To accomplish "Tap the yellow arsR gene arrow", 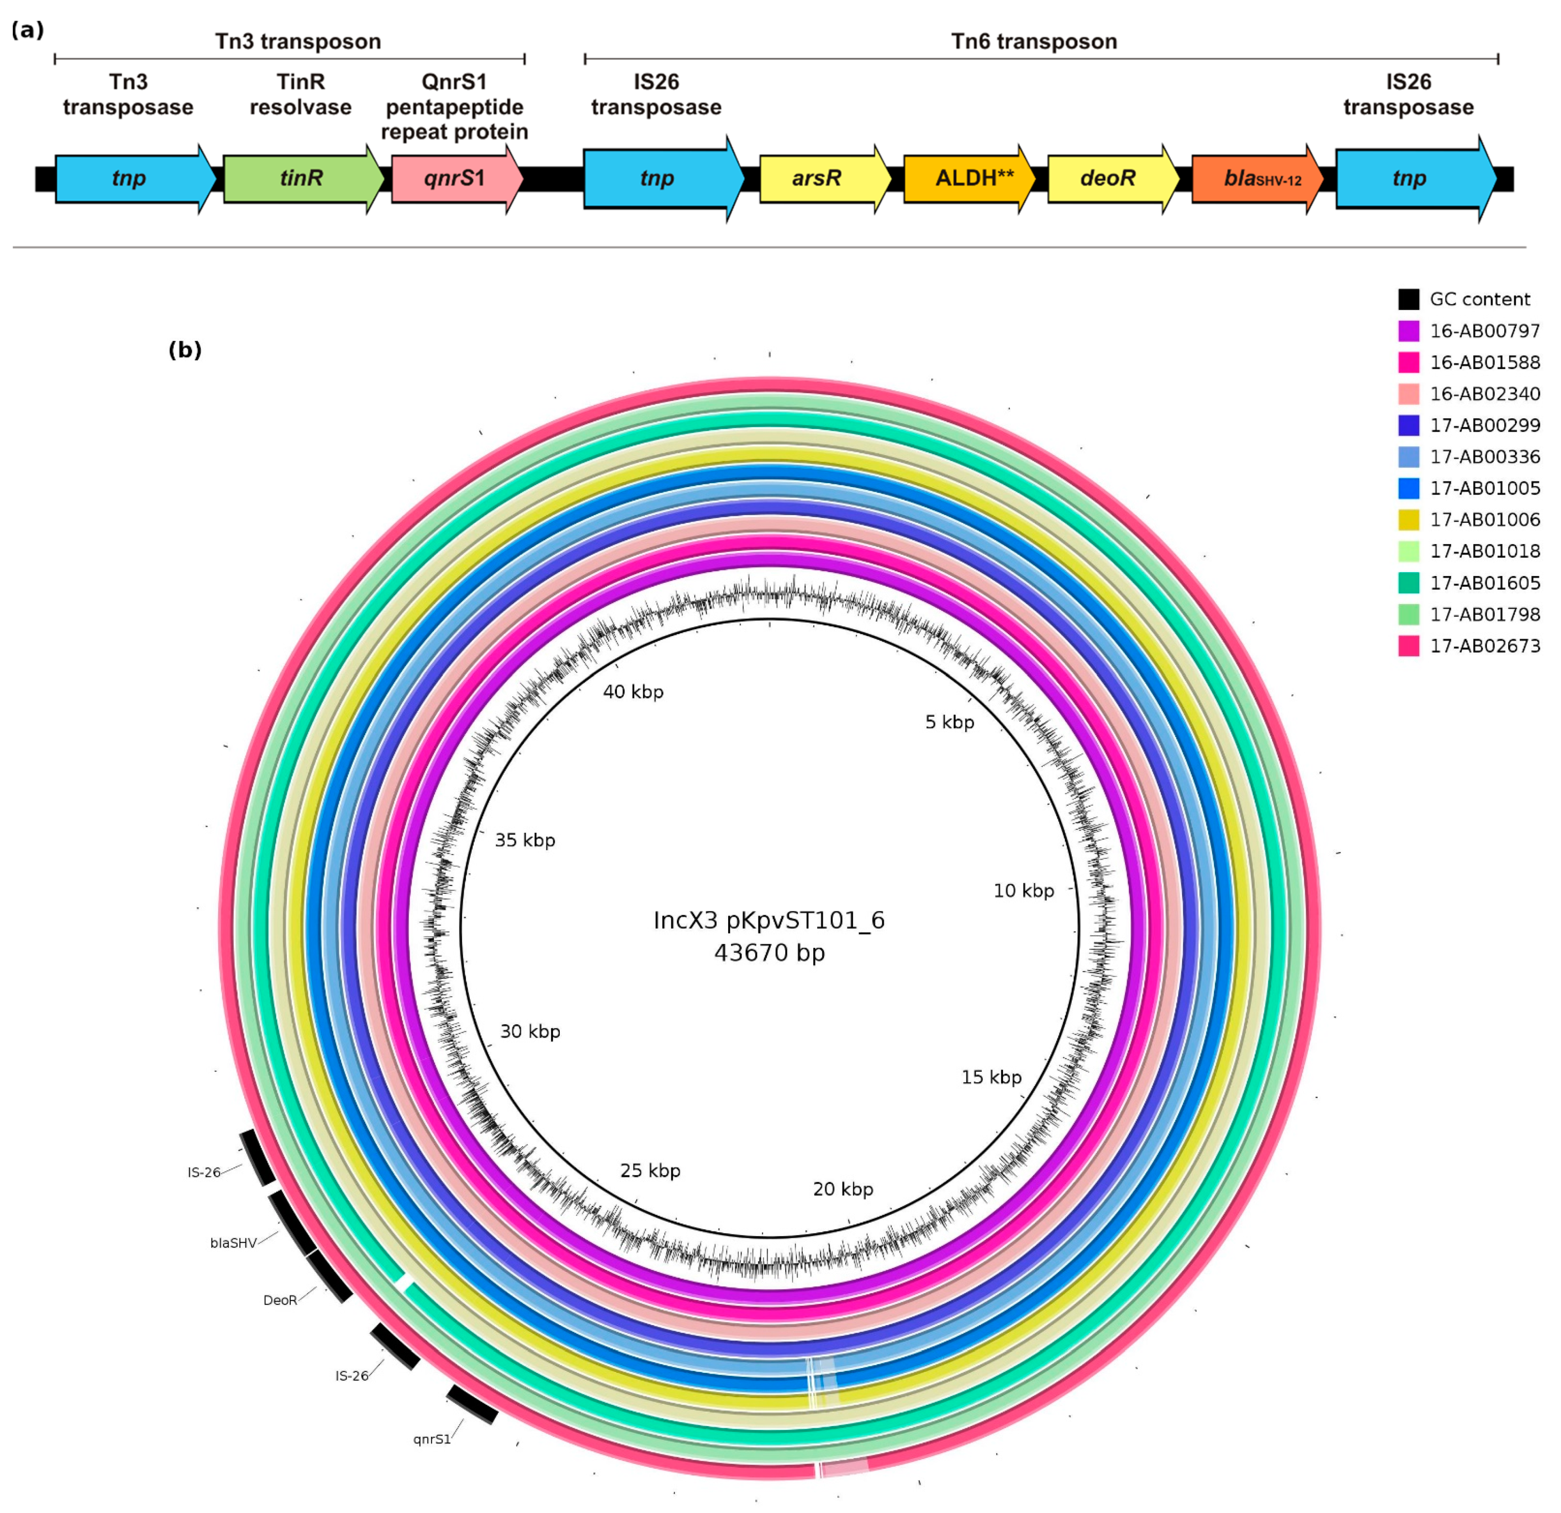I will point(820,178).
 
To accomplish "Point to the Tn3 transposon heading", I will point(298,41).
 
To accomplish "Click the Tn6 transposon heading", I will point(1034,41).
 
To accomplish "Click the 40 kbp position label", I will point(633,691).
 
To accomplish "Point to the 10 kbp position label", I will point(1023,890).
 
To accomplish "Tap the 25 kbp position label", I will point(650,1170).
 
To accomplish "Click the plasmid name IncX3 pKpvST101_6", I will point(769,920).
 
